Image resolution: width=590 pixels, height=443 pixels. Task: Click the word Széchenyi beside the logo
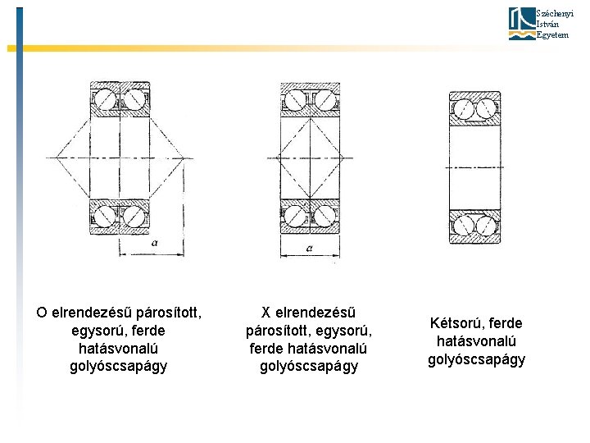point(549,13)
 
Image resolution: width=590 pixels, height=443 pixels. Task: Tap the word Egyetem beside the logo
point(551,35)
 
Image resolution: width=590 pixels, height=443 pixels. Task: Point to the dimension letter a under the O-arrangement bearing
point(153,243)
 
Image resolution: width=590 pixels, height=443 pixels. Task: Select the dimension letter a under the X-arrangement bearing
point(308,246)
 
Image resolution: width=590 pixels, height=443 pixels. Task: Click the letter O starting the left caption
point(41,313)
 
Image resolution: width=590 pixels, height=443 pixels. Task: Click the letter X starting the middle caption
point(265,313)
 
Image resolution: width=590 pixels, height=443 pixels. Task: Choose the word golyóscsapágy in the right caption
point(476,359)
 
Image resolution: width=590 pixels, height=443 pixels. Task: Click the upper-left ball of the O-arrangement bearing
point(106,100)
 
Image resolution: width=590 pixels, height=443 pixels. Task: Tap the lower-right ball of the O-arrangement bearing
point(132,217)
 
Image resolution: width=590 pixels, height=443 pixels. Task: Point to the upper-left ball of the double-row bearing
point(463,108)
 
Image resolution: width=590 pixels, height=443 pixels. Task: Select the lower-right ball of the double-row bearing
point(487,223)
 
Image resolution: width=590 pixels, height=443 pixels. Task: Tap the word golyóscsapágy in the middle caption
point(309,367)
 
